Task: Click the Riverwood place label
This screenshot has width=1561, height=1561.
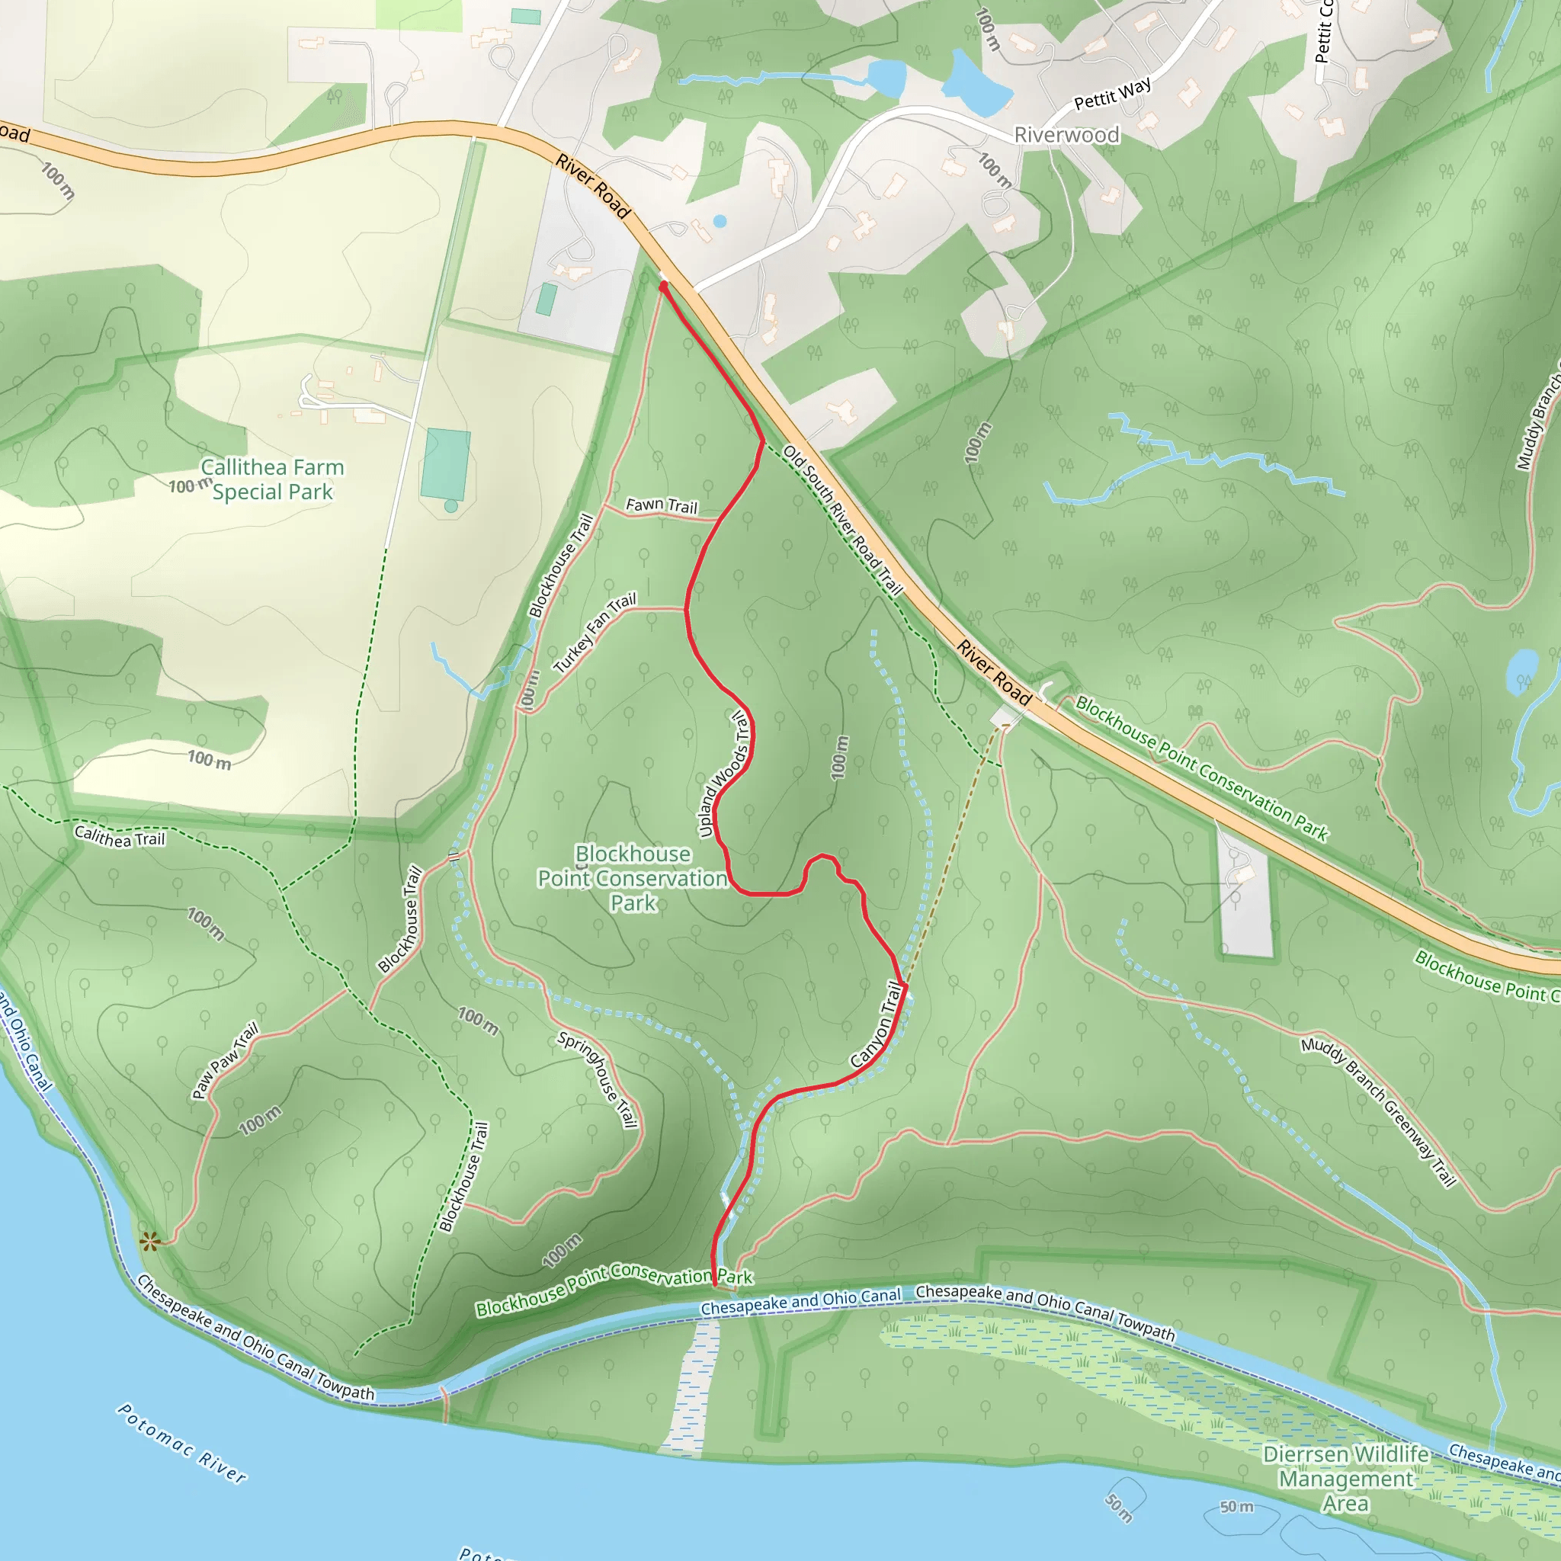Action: pyautogui.click(x=1066, y=135)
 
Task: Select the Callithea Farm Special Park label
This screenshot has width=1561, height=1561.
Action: pyautogui.click(x=272, y=480)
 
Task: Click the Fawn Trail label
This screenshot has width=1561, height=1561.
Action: pyautogui.click(x=661, y=506)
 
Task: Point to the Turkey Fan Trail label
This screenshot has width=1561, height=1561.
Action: pyautogui.click(x=595, y=633)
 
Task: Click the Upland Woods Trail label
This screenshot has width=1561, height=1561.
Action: pyautogui.click(x=724, y=774)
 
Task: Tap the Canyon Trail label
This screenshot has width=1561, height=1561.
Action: pyautogui.click(x=877, y=1024)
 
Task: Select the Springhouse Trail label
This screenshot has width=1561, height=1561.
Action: pyautogui.click(x=598, y=1079)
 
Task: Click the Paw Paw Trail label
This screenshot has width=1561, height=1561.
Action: pyautogui.click(x=226, y=1061)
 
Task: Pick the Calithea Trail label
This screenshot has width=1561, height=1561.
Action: pyautogui.click(x=120, y=836)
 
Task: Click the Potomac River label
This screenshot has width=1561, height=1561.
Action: pyautogui.click(x=182, y=1442)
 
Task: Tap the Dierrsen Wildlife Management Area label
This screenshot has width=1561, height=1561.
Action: pyautogui.click(x=1345, y=1479)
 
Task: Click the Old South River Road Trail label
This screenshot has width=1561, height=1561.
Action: pyautogui.click(x=843, y=521)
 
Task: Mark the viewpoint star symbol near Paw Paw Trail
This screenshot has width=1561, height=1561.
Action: pyautogui.click(x=149, y=1242)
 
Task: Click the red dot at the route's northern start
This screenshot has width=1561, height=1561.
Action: pyautogui.click(x=663, y=286)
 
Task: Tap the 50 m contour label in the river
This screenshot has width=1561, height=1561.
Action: pyautogui.click(x=1236, y=1507)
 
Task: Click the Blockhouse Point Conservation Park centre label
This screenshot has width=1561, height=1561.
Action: pyautogui.click(x=633, y=878)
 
